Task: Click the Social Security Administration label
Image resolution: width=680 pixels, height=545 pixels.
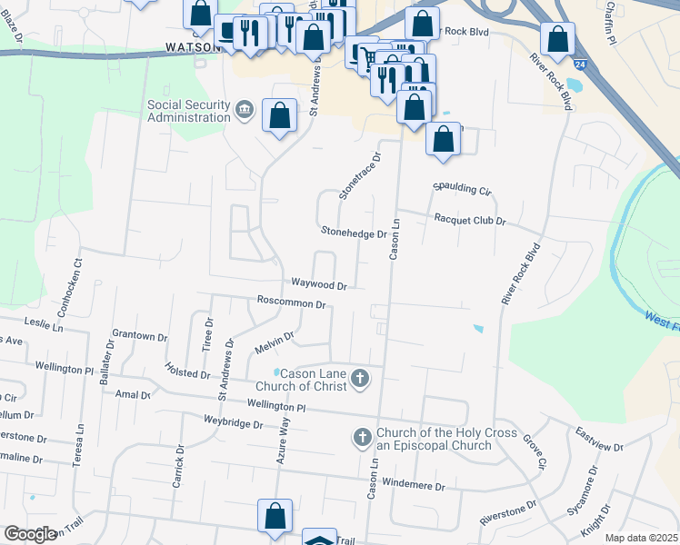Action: click(188, 111)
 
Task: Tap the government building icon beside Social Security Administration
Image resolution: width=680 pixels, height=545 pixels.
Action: click(245, 111)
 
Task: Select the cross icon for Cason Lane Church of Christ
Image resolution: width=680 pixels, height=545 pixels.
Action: click(361, 378)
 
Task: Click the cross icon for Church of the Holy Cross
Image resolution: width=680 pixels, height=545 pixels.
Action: click(362, 439)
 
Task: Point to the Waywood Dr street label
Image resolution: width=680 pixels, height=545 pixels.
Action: click(319, 285)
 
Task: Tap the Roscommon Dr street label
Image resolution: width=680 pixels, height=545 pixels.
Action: click(291, 302)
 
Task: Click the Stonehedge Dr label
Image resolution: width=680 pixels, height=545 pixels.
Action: click(353, 233)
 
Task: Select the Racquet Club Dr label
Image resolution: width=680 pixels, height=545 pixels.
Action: click(470, 220)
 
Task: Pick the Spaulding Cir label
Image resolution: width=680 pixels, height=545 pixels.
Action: click(462, 189)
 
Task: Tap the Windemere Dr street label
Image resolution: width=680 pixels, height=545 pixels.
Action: click(414, 486)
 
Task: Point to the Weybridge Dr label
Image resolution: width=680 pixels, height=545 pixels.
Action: click(234, 424)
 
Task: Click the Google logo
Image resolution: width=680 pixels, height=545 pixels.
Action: click(30, 534)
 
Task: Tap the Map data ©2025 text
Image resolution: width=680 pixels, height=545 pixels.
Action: click(641, 538)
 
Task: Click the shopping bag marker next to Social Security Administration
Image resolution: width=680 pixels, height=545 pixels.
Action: click(280, 115)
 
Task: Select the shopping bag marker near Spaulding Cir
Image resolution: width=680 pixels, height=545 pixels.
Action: click(443, 139)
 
